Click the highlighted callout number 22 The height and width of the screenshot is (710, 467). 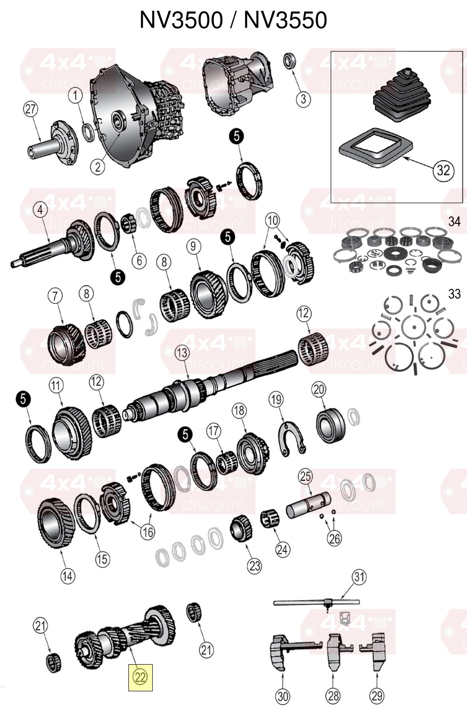click(140, 677)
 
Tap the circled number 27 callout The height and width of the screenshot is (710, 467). click(30, 109)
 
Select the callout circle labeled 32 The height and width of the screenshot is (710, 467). click(443, 171)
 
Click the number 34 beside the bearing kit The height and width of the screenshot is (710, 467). click(454, 222)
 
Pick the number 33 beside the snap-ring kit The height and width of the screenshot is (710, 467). click(454, 294)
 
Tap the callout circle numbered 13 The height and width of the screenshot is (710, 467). click(182, 353)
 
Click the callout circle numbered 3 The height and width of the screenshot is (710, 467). click(303, 99)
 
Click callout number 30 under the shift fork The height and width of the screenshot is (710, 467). click(283, 696)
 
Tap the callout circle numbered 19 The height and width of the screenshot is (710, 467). click(276, 400)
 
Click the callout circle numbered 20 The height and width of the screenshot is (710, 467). click(319, 389)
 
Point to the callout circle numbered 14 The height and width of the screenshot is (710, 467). click(68, 576)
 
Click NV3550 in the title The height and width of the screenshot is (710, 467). click(285, 20)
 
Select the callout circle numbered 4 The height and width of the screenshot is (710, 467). click(40, 210)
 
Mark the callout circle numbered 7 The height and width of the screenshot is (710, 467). click(56, 296)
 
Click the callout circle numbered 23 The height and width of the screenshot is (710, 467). click(255, 566)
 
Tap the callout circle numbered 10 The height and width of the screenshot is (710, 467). click(273, 220)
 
